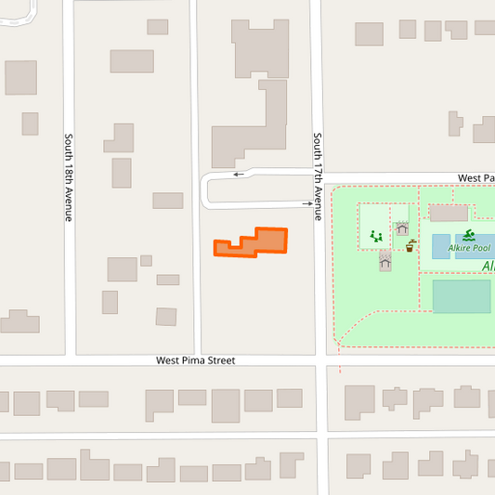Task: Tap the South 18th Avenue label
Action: coord(68,177)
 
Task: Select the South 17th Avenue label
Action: coord(317,176)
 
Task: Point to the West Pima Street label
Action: coord(195,360)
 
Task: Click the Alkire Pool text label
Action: coord(469,248)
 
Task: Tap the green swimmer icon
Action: coord(469,235)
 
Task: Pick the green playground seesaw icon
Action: coord(376,237)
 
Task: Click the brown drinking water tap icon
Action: coord(410,246)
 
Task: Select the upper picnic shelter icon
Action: coord(401,228)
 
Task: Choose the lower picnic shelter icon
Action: coord(385,264)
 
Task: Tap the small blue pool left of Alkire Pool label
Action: coord(440,246)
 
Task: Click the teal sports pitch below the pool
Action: coord(461,296)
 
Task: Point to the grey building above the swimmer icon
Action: coord(448,213)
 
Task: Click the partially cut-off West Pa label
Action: coord(475,176)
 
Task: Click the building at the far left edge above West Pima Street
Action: coord(20,321)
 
